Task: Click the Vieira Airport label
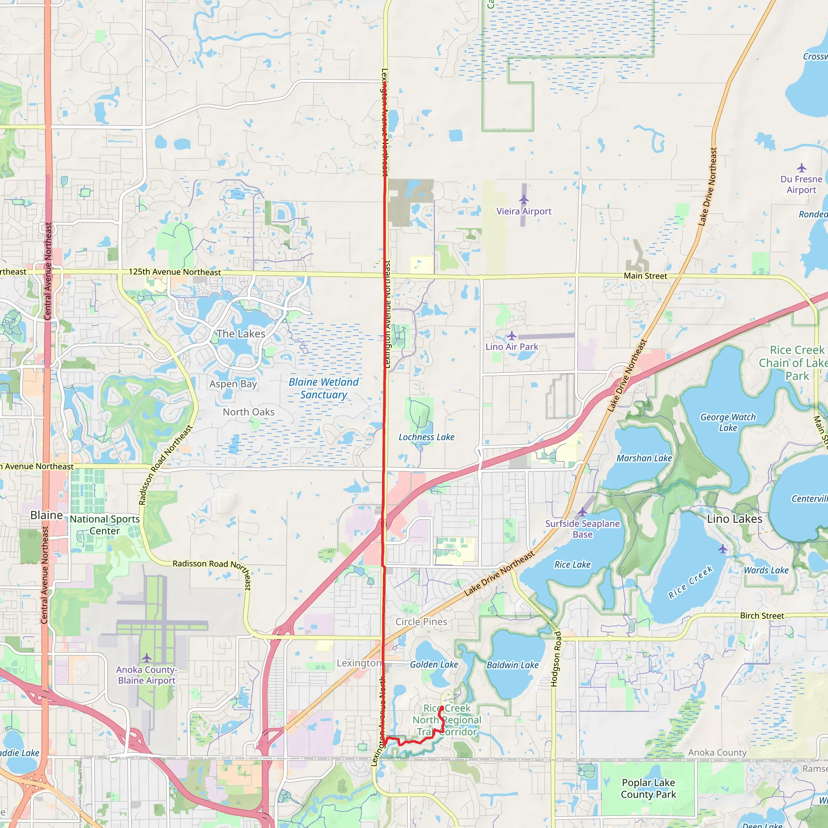(x=524, y=211)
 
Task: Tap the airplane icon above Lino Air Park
(x=512, y=336)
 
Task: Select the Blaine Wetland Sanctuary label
(x=323, y=388)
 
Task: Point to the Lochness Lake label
(x=427, y=437)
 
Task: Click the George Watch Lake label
(x=728, y=422)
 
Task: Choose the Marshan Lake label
(x=644, y=458)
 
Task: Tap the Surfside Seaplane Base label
(x=583, y=529)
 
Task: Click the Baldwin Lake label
(x=513, y=665)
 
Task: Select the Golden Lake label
(x=434, y=664)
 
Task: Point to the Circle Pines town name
(x=421, y=621)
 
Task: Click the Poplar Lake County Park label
(x=648, y=788)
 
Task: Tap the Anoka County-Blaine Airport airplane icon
(x=147, y=657)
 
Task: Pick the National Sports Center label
(x=105, y=525)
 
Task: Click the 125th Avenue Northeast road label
(x=175, y=272)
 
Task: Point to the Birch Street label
(x=762, y=615)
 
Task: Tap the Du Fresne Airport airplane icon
(x=801, y=167)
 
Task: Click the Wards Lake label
(x=766, y=570)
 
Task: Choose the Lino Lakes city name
(x=735, y=519)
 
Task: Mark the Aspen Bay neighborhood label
(x=233, y=384)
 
